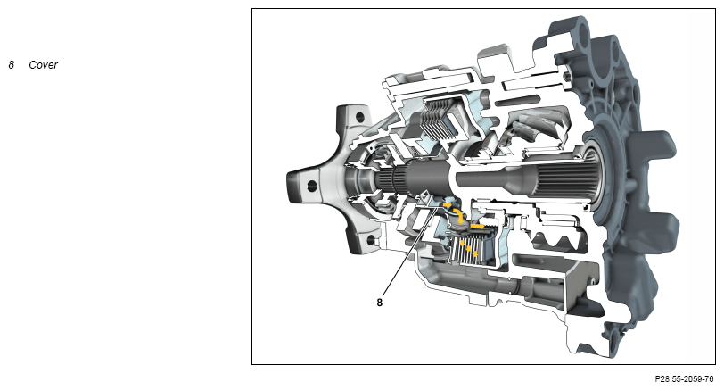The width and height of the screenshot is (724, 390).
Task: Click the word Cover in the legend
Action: pyautogui.click(x=43, y=64)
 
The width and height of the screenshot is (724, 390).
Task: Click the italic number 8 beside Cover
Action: pyautogui.click(x=11, y=64)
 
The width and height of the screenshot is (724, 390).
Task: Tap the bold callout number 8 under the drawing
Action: pyautogui.click(x=380, y=303)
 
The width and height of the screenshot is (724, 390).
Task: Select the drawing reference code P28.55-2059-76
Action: pyautogui.click(x=684, y=379)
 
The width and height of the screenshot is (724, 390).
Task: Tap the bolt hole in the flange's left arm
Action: pyautogui.click(x=312, y=186)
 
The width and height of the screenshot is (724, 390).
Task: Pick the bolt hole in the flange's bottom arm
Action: pyautogui.click(x=370, y=240)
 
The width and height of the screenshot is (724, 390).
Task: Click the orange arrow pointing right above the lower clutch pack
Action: pyautogui.click(x=477, y=227)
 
